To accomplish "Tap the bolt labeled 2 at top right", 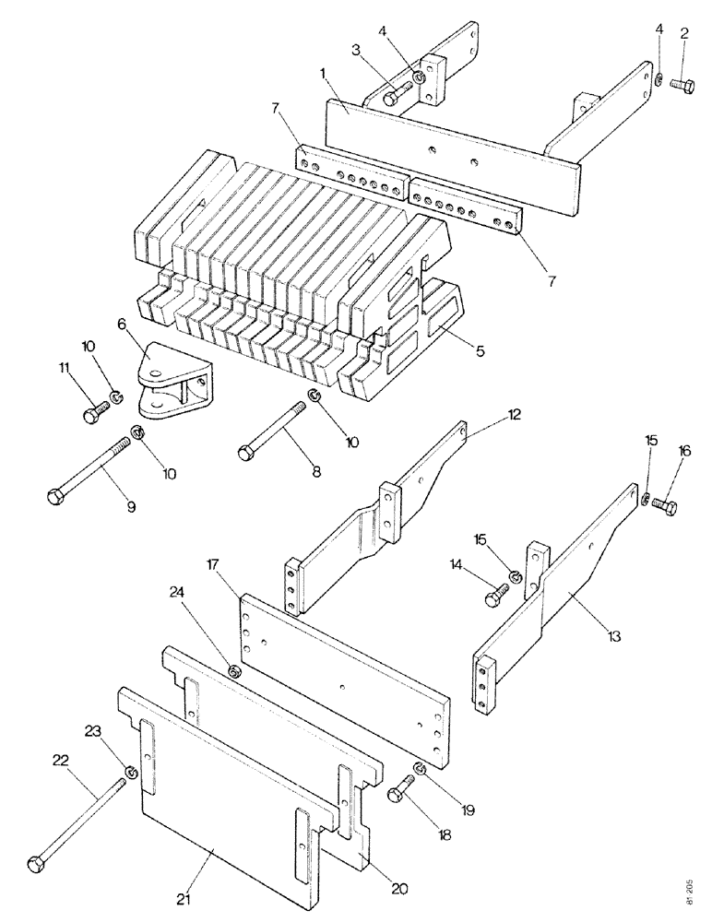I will tap(682, 84).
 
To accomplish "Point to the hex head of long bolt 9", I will tap(53, 498).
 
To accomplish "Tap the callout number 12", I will tap(514, 415).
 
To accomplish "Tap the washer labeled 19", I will tap(420, 768).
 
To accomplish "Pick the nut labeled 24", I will tap(235, 669).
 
